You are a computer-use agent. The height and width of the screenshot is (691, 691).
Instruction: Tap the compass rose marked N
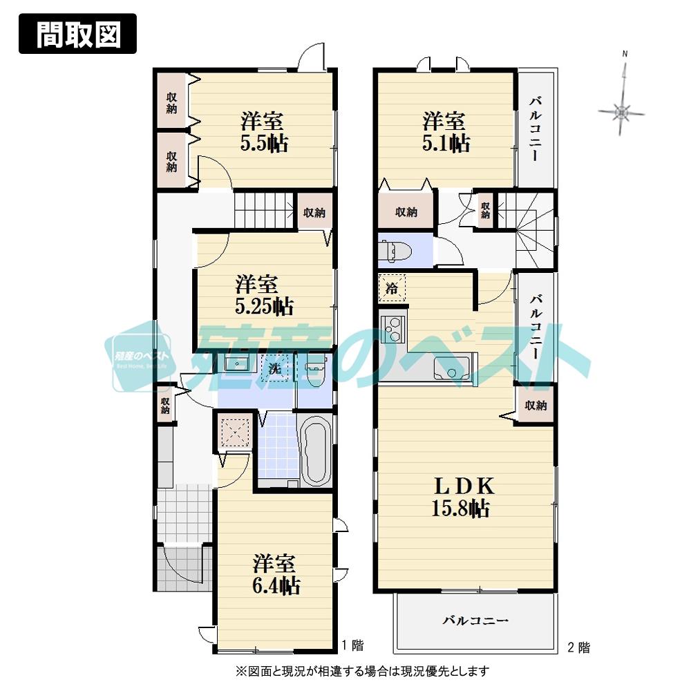click(x=623, y=111)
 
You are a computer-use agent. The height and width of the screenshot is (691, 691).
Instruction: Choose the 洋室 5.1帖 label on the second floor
click(x=446, y=132)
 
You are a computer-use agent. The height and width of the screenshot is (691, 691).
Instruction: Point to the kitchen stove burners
click(x=391, y=327)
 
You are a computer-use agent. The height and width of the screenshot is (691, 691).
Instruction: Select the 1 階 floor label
click(x=352, y=645)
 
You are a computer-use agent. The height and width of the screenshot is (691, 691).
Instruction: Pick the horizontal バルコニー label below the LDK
click(x=475, y=621)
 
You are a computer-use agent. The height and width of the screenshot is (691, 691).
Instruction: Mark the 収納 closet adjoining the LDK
click(x=536, y=406)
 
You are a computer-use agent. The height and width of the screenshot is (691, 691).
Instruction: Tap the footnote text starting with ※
click(x=363, y=670)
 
